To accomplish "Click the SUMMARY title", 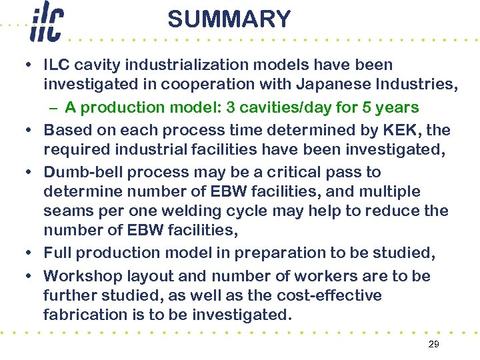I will point(229,19).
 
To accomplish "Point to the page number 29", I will point(433,344).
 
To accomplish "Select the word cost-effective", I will point(326,295).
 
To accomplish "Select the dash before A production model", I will point(54,107).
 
